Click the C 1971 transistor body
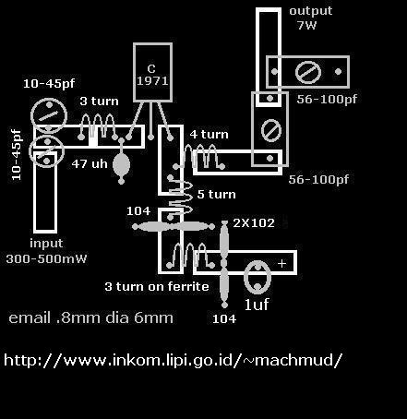click(152, 72)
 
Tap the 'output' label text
click(311, 11)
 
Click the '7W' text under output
click(306, 25)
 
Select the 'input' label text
click(46, 244)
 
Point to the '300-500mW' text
click(46, 258)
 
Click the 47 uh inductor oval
click(121, 164)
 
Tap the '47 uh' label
click(90, 163)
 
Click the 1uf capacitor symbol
click(257, 277)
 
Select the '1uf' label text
click(257, 305)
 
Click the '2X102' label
click(254, 222)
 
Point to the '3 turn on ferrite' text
click(157, 287)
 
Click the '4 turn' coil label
click(209, 135)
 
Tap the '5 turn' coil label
click(217, 194)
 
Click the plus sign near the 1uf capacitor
click(281, 264)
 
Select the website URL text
click(174, 360)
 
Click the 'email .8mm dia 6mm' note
click(91, 317)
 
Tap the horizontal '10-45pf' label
click(49, 83)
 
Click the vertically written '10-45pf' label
click(17, 155)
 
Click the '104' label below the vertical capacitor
click(224, 318)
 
